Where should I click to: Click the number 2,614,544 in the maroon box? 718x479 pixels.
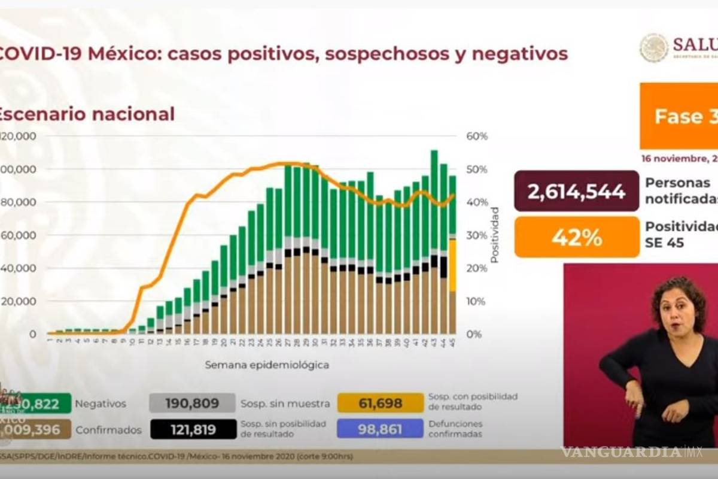click(x=576, y=191)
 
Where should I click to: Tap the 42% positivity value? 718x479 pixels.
click(x=576, y=237)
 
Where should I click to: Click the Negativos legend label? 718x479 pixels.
click(x=101, y=404)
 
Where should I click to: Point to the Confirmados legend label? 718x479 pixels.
click(x=108, y=429)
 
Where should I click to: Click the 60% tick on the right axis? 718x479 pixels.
click(x=477, y=137)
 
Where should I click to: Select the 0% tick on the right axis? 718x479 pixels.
click(x=474, y=334)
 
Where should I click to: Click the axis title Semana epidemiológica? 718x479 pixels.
click(x=267, y=364)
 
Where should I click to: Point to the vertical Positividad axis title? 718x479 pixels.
click(x=495, y=235)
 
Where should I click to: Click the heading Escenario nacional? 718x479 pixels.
click(x=87, y=114)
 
